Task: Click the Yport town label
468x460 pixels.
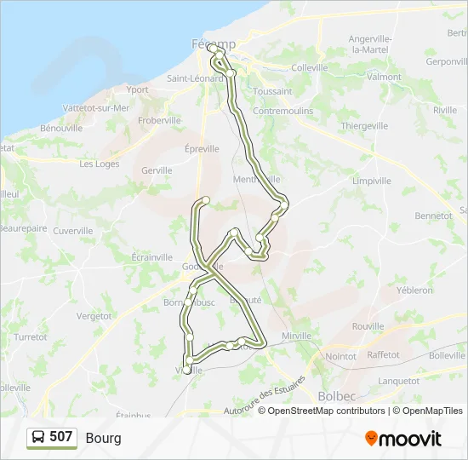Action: (137, 89)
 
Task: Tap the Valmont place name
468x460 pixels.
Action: (385, 77)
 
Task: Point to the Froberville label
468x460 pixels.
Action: (159, 120)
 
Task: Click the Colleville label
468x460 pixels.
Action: (309, 67)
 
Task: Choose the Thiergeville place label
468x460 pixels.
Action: (365, 125)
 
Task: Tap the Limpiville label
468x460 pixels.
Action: (371, 181)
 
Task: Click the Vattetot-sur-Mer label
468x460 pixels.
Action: (96, 108)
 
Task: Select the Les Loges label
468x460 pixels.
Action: (100, 164)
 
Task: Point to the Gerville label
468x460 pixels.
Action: (157, 170)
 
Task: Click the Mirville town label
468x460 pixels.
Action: (296, 336)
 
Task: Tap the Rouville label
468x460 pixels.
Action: (368, 326)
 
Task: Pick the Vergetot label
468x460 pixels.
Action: (94, 316)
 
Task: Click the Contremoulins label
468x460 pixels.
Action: (283, 111)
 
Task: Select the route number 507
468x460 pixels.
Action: (60, 437)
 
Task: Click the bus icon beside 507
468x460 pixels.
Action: (38, 438)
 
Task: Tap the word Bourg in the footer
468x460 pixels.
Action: (103, 438)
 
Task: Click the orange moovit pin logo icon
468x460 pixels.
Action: (371, 439)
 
